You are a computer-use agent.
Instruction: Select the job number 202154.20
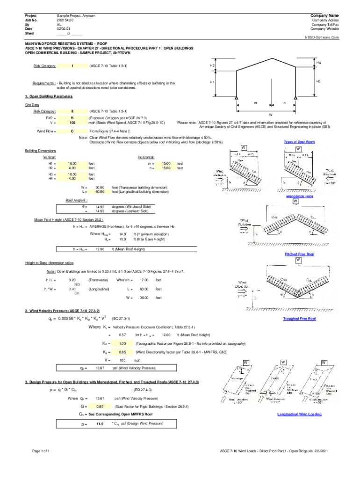point(65,20)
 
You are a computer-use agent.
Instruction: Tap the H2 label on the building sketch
point(212,66)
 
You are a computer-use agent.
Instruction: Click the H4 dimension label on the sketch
point(318,63)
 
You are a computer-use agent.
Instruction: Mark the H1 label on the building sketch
point(212,82)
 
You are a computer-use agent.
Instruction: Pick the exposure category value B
point(72,118)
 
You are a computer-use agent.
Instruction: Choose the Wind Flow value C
point(72,131)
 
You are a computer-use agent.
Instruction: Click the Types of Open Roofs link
point(299,142)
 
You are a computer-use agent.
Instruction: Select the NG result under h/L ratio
point(77,284)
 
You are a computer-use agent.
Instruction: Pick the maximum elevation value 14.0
point(122,234)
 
